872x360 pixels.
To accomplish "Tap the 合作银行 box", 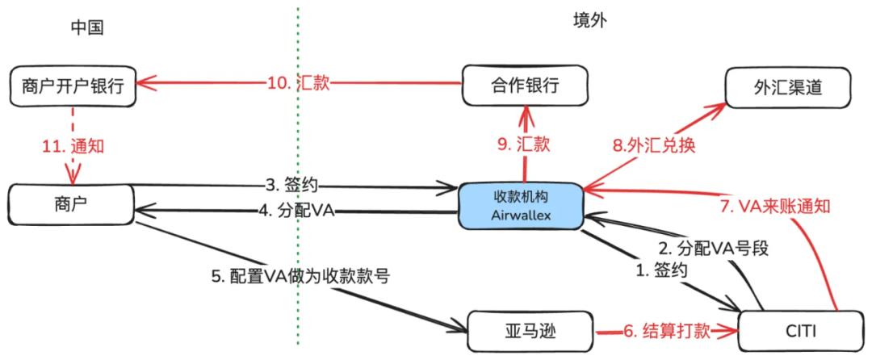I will click(522, 85).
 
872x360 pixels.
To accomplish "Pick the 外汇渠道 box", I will click(789, 84).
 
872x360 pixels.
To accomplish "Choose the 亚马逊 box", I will click(530, 331).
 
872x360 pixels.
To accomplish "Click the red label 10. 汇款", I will click(298, 82).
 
